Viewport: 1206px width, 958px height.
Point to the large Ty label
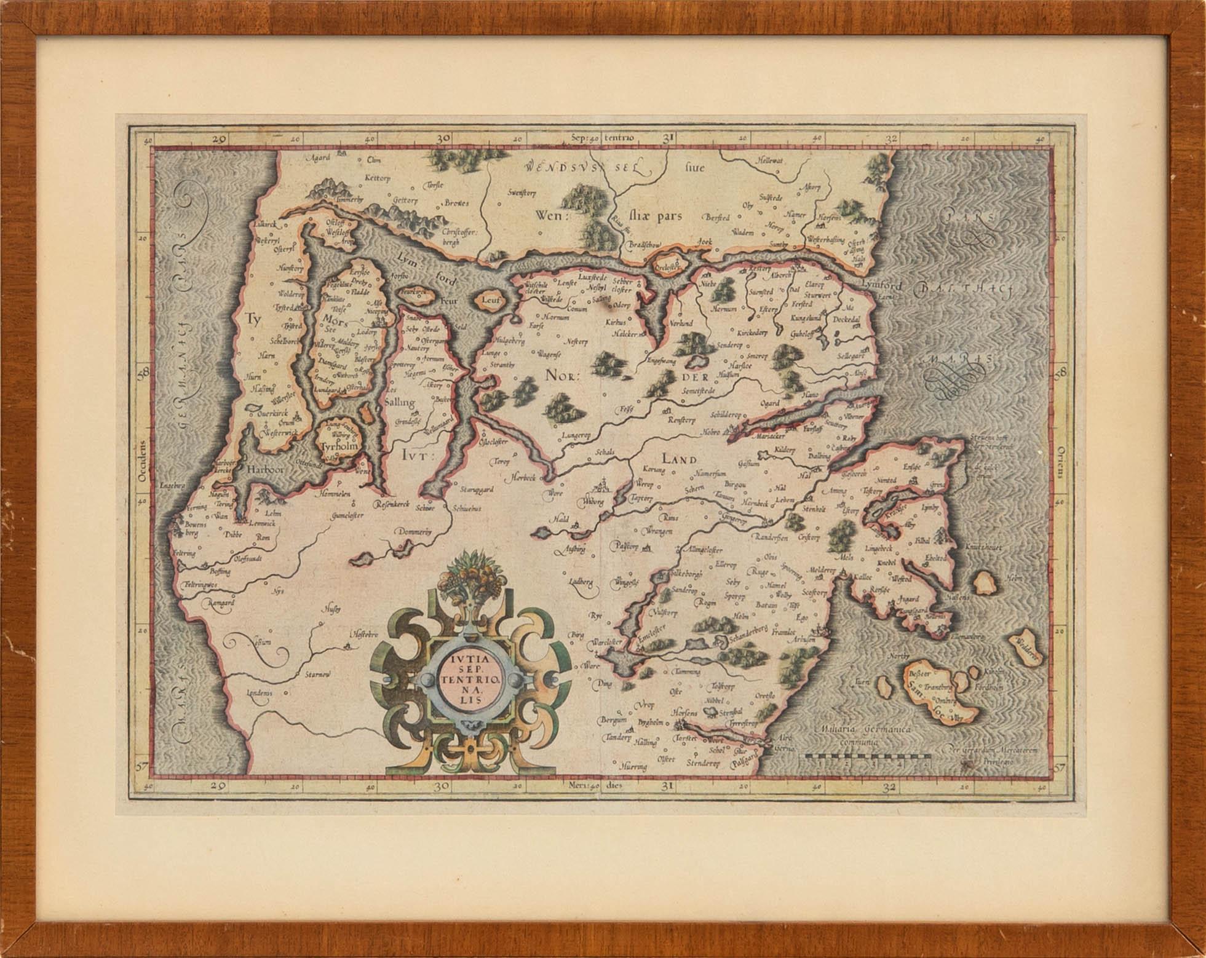pos(250,319)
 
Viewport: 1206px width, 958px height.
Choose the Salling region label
pos(399,403)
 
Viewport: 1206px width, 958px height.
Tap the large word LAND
pos(678,459)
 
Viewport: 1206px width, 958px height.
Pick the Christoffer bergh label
pos(460,237)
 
